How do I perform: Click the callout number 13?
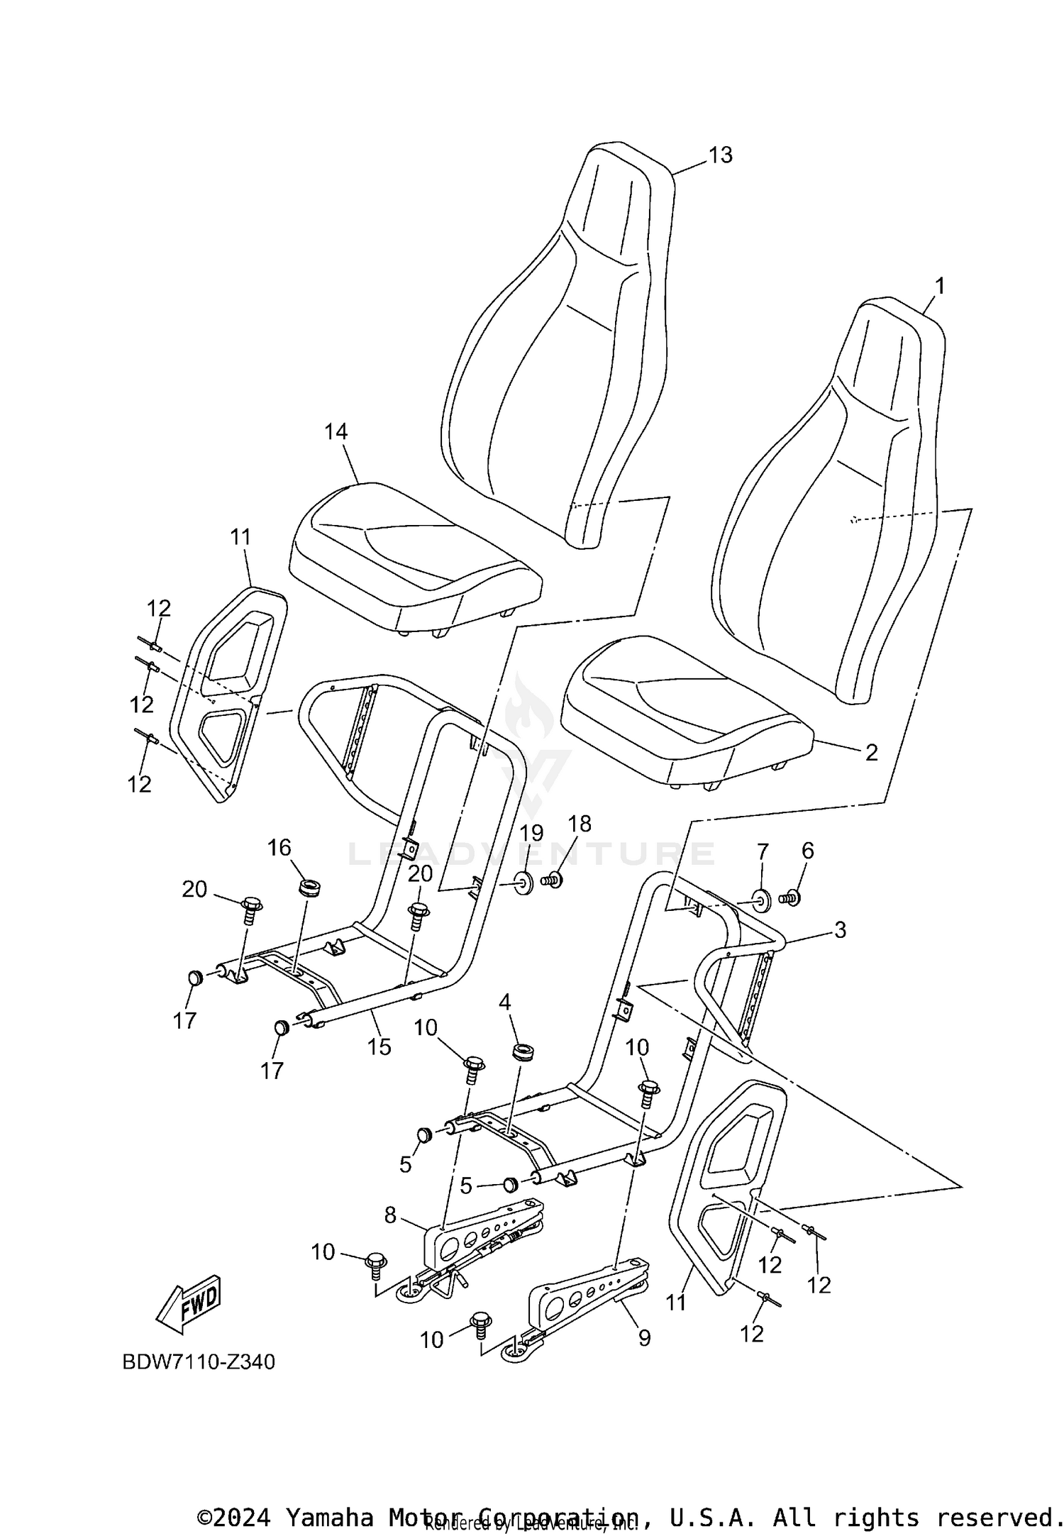pyautogui.click(x=720, y=155)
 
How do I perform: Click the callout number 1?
pyautogui.click(x=939, y=287)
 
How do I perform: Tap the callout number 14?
pyautogui.click(x=336, y=431)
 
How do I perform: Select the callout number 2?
pyautogui.click(x=871, y=752)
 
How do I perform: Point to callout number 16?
pyautogui.click(x=279, y=847)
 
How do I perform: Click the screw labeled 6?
pyautogui.click(x=789, y=898)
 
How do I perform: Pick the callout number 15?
pyautogui.click(x=379, y=1046)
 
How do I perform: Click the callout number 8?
pyautogui.click(x=390, y=1215)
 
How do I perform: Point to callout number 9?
pyautogui.click(x=644, y=1337)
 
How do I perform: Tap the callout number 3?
pyautogui.click(x=840, y=929)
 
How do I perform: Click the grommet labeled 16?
pyautogui.click(x=309, y=886)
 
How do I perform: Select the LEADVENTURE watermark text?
pyautogui.click(x=532, y=853)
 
